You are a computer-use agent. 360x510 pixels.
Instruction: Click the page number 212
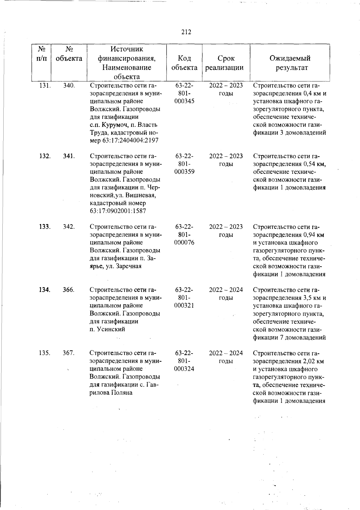pyautogui.click(x=186, y=32)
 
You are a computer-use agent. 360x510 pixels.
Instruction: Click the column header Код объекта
pyautogui.click(x=184, y=63)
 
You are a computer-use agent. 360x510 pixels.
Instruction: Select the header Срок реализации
pyautogui.click(x=226, y=63)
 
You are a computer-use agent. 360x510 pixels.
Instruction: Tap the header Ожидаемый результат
pyautogui.click(x=290, y=63)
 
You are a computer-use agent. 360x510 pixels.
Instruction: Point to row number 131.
pyautogui.click(x=45, y=86)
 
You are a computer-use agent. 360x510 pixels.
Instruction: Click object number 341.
pyautogui.click(x=69, y=156)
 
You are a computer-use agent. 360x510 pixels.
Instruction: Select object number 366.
pyautogui.click(x=69, y=290)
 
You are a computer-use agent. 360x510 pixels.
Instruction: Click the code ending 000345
pyautogui.click(x=184, y=101)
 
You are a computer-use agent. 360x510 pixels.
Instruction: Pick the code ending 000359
pyautogui.click(x=184, y=172)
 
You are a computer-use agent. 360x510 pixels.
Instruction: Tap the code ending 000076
pyautogui.click(x=184, y=243)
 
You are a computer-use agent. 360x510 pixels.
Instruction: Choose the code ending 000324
pyautogui.click(x=184, y=369)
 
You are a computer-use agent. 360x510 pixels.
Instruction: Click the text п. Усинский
pyautogui.click(x=107, y=329)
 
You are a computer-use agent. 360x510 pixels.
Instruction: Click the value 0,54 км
pyautogui.click(x=314, y=164)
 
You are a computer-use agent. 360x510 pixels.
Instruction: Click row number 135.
pyautogui.click(x=45, y=353)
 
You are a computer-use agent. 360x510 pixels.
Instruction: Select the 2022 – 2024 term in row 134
pyautogui.click(x=226, y=290)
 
